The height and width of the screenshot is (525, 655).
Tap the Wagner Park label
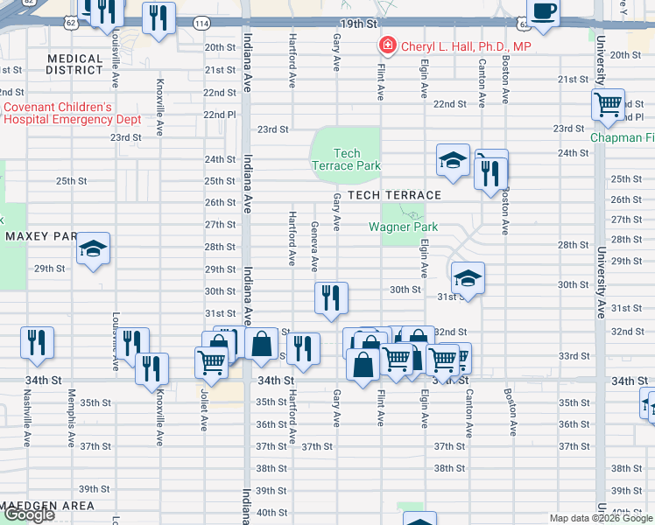(403, 227)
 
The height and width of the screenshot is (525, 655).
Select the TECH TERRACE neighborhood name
(394, 195)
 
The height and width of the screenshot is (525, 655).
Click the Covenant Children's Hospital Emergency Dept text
(72, 113)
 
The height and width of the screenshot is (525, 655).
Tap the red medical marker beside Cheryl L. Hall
(384, 45)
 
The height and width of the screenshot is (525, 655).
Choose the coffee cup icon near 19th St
(544, 11)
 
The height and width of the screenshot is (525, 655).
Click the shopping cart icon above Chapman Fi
(607, 105)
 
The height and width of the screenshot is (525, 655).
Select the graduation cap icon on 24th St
(453, 160)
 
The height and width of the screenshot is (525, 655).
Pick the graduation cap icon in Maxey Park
(92, 249)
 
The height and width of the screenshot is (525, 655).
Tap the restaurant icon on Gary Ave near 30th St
(331, 297)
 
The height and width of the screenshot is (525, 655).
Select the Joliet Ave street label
(203, 423)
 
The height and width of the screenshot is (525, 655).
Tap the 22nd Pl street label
(220, 115)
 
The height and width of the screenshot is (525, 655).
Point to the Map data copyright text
(601, 518)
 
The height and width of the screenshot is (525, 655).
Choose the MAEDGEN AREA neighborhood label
(47, 506)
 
